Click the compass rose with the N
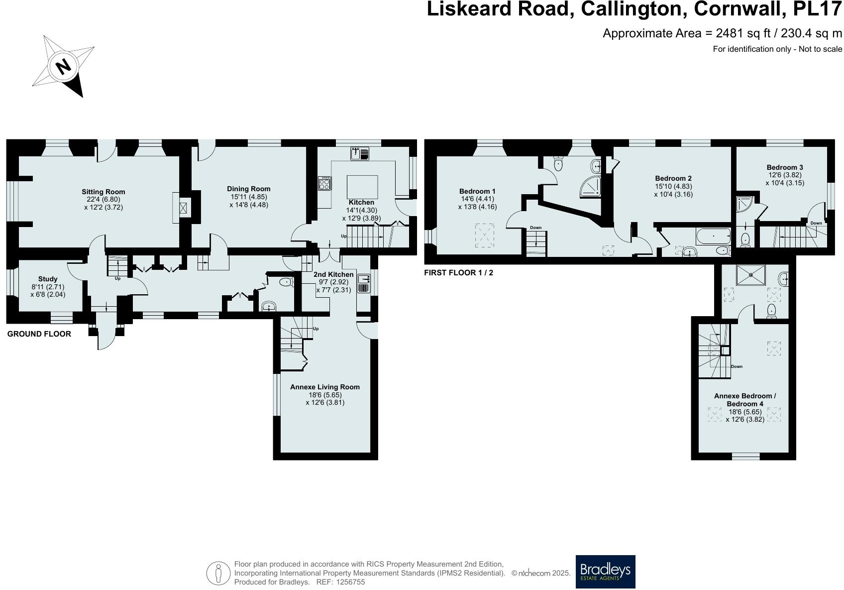point(63,66)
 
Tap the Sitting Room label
point(104,192)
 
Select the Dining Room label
point(248,189)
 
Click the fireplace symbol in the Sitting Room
point(183,207)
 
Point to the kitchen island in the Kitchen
point(362,187)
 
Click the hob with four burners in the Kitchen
point(325,184)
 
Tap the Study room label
point(48,279)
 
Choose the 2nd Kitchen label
point(333,274)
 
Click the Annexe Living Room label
point(325,387)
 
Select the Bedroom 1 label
point(477,191)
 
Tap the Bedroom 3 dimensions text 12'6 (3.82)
point(785,175)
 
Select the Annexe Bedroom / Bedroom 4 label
point(744,400)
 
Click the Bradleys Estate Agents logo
point(605,572)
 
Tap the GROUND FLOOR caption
point(39,334)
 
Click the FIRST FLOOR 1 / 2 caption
point(458,273)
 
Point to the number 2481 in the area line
point(730,33)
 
